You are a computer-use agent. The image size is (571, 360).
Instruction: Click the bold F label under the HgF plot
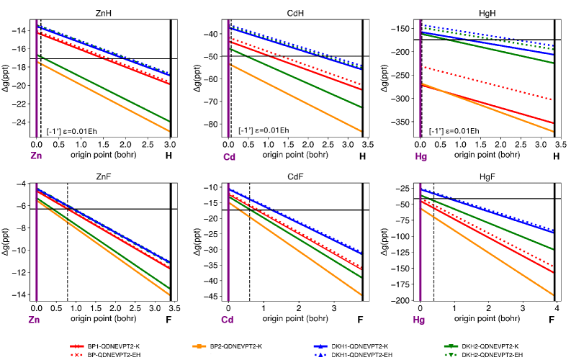[x=555, y=319]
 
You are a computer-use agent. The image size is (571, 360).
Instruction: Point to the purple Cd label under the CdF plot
[x=228, y=319]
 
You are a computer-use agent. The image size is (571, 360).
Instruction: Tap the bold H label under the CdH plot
[x=362, y=155]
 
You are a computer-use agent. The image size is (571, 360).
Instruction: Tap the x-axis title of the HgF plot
[x=487, y=318]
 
